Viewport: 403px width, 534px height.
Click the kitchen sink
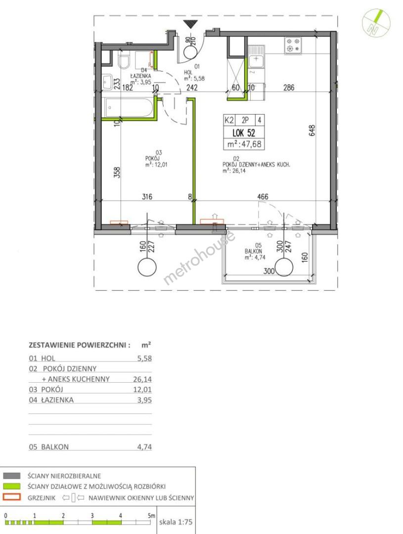click(256, 57)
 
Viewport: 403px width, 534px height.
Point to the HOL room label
click(188, 72)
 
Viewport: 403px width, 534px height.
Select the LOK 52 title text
click(244, 133)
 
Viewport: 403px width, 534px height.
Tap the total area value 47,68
click(251, 144)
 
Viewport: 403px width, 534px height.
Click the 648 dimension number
click(313, 131)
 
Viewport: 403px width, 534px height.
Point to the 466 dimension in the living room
click(263, 196)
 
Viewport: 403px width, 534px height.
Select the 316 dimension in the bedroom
click(147, 196)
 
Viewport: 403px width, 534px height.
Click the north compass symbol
click(376, 23)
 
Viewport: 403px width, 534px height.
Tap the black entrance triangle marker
click(190, 24)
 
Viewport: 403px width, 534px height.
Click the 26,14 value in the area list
click(142, 379)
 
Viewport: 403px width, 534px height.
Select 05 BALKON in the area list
click(49, 447)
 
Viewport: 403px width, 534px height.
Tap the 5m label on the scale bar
click(151, 516)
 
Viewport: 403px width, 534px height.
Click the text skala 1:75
click(176, 522)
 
